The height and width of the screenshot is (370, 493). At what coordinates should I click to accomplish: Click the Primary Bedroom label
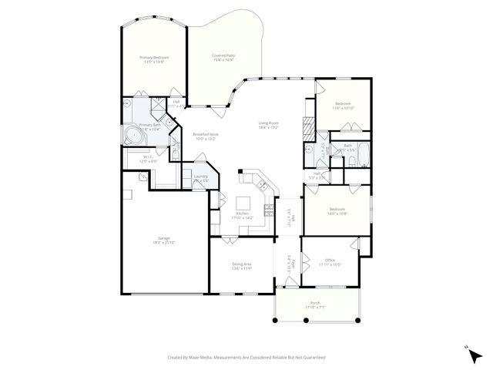pyautogui.click(x=154, y=59)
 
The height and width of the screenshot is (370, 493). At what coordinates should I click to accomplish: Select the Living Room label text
pyautogui.click(x=268, y=125)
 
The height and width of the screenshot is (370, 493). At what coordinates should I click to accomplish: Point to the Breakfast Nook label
pyautogui.click(x=206, y=136)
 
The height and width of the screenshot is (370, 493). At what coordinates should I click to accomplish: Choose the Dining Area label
pyautogui.click(x=242, y=266)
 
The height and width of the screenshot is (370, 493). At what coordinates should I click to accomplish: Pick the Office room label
pyautogui.click(x=329, y=262)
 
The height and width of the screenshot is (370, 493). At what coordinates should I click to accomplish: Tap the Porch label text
pyautogui.click(x=315, y=304)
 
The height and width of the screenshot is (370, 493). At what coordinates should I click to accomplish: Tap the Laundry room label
pyautogui.click(x=201, y=178)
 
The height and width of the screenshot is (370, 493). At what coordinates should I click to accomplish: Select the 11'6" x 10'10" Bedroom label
pyautogui.click(x=343, y=106)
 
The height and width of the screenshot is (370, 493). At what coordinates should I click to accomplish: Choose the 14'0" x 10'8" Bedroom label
pyautogui.click(x=337, y=211)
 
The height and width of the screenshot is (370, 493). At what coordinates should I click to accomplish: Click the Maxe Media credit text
pyautogui.click(x=246, y=358)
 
